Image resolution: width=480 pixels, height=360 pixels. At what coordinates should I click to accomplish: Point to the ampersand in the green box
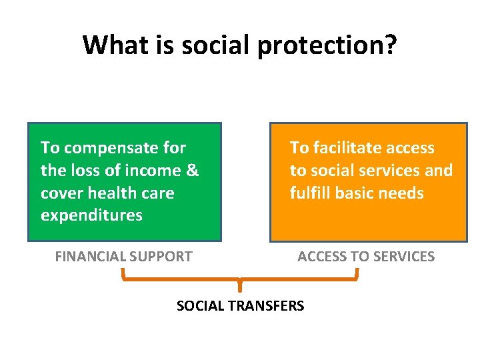click(x=192, y=171)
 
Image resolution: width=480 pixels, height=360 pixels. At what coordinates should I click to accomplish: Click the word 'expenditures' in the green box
click(x=91, y=215)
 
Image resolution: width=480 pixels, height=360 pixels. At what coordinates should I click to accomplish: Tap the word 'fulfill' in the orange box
click(x=310, y=193)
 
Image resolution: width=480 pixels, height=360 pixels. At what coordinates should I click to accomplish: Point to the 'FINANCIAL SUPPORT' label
click(x=123, y=256)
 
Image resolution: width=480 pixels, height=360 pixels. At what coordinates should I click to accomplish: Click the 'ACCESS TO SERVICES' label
click(x=365, y=256)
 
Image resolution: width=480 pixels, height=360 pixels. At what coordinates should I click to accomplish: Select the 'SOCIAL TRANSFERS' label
click(x=240, y=306)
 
